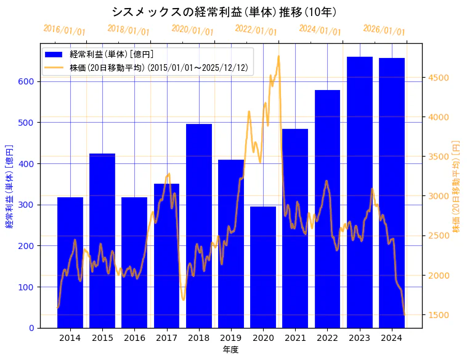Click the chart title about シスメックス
[x=224, y=12]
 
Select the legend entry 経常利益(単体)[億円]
[x=112, y=54]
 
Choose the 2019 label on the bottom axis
[x=231, y=338]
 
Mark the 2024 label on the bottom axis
[x=392, y=338]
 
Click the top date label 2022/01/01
[x=256, y=30]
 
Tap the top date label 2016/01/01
[x=64, y=30]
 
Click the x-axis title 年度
[x=231, y=350]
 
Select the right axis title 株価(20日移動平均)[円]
[x=457, y=185]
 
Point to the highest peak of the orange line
[x=278, y=56]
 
